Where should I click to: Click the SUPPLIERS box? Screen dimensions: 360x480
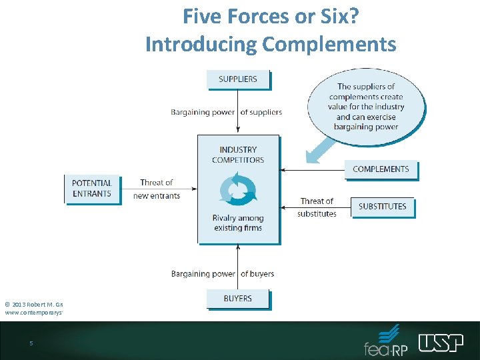[x=238, y=79]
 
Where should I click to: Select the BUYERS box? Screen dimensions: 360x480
[x=238, y=298]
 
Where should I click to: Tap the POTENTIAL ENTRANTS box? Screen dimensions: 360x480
[x=92, y=188]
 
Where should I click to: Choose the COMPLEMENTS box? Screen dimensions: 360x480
[x=381, y=169]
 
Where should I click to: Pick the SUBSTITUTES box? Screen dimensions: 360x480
[x=382, y=206]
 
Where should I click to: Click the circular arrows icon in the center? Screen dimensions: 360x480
[x=238, y=188]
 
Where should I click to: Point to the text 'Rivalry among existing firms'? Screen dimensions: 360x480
[x=238, y=223]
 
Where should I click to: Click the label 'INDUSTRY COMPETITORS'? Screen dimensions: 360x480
[x=238, y=155]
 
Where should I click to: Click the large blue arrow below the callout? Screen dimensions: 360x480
[x=321, y=149]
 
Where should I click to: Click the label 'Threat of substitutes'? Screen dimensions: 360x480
[x=317, y=207]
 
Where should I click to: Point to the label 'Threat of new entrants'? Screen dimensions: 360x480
[x=157, y=189]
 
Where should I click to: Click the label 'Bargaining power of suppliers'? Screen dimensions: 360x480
[x=227, y=112]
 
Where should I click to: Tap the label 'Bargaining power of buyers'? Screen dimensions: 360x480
[x=223, y=273]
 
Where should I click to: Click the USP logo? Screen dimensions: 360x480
[x=441, y=342]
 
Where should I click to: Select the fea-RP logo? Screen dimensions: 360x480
[x=386, y=341]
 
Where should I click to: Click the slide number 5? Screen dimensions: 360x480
[x=31, y=343]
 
